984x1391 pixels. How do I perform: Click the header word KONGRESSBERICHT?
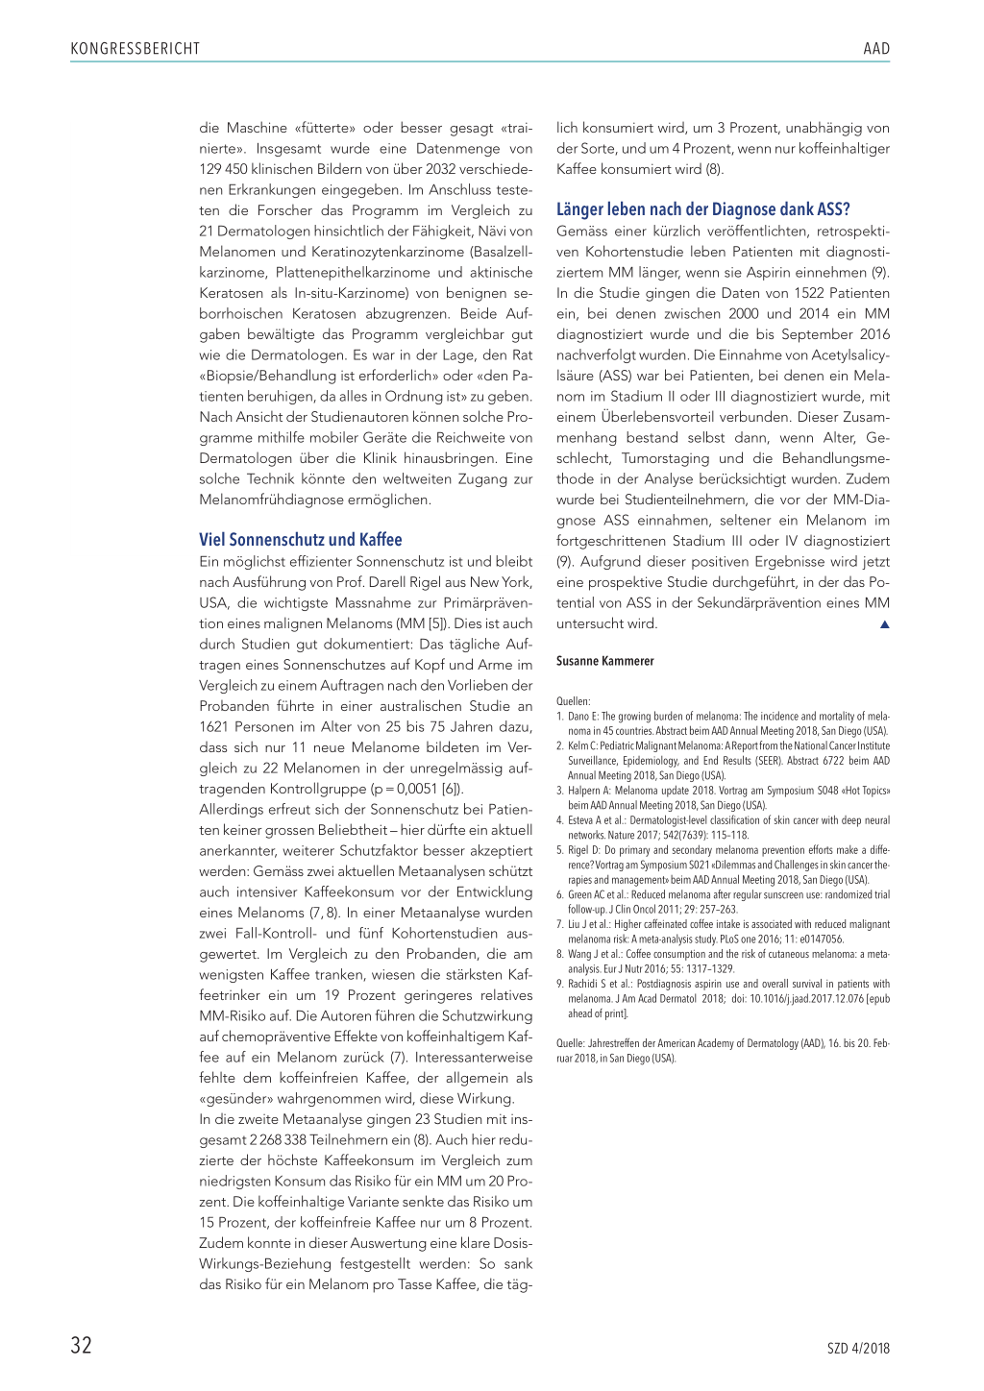coord(135,49)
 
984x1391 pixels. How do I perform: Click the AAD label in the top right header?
coord(875,49)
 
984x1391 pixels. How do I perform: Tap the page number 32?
coord(82,1345)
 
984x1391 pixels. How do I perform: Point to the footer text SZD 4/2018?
coord(858,1349)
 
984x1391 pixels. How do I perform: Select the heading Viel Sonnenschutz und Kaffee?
coord(300,540)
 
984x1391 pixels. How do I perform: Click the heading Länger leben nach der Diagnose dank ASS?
coord(702,209)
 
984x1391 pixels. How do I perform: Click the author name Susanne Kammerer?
coord(604,661)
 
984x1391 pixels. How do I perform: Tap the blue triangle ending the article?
coord(884,624)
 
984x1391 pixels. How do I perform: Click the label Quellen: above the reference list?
coord(573,701)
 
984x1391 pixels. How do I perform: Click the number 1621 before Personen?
coord(213,727)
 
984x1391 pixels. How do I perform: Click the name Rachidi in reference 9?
coord(583,984)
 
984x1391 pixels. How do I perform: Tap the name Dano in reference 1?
coord(578,716)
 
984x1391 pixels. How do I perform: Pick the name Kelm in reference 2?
coord(578,745)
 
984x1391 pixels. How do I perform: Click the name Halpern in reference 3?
coord(584,791)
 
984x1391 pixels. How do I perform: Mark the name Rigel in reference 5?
coord(578,850)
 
